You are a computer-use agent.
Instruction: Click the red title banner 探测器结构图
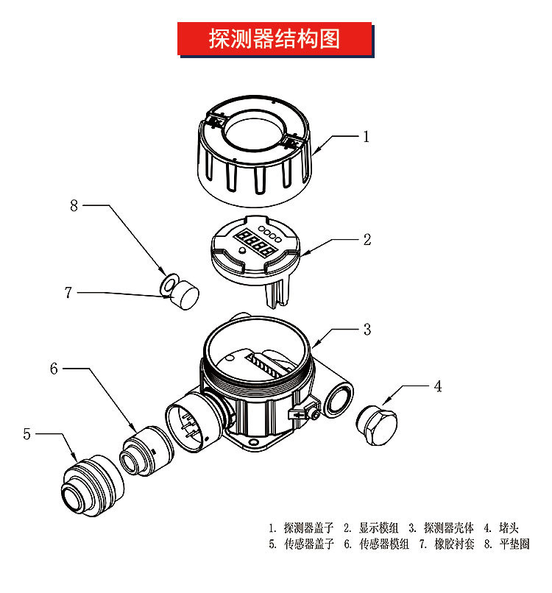275,39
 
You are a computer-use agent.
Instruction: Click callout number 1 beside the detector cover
366,137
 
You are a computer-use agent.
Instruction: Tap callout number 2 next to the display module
367,239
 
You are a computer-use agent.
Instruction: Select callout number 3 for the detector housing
367,330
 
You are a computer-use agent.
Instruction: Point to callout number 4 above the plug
438,386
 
